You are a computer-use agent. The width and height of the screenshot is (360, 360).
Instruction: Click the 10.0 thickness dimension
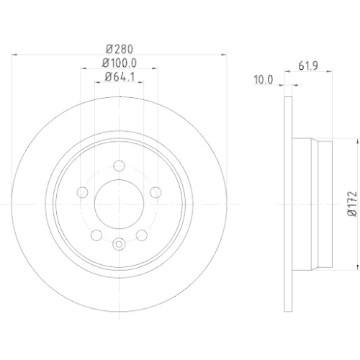(263, 80)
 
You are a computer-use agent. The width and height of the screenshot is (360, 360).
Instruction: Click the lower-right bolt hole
(140, 234)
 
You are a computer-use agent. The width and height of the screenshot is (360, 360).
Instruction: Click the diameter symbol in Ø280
(109, 49)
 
